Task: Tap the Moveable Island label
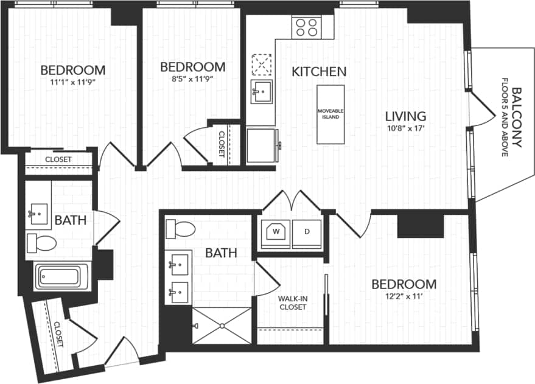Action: tap(330, 114)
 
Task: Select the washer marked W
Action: tap(275, 232)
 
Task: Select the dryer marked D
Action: tap(306, 232)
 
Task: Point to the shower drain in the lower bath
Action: tap(222, 326)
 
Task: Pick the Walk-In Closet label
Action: tap(292, 302)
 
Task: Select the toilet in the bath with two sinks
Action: tap(180, 229)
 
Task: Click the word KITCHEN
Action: tap(319, 71)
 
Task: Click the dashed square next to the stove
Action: tap(262, 63)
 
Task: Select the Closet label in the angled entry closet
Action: tap(59, 334)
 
